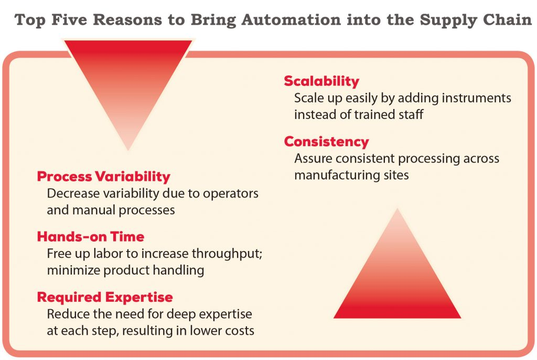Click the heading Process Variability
coord(103,176)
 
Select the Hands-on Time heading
coord(90,237)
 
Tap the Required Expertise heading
coord(105,297)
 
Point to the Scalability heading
coord(321,81)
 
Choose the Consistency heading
coord(326,141)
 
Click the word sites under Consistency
coord(394,174)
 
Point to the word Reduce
coord(65,314)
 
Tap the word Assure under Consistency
coord(312,158)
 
